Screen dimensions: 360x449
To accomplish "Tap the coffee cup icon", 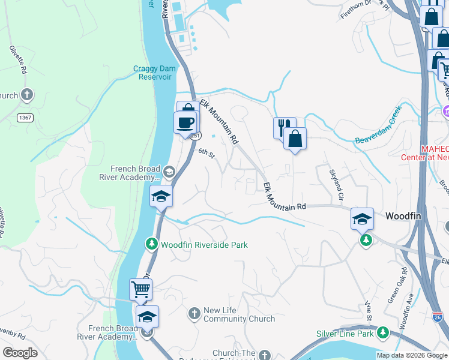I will (185, 122).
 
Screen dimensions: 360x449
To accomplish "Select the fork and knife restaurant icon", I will (284, 127).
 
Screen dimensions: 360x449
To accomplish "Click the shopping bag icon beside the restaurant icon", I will (295, 139).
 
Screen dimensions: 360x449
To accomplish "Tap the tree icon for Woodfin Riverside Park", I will (152, 244).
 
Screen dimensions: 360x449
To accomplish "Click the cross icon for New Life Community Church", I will (194, 313).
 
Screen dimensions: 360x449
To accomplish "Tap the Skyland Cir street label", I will (336, 186).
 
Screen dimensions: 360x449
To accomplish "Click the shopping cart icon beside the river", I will (140, 290).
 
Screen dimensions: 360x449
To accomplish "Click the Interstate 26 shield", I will (437, 315).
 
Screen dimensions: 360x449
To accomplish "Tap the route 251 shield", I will (195, 136).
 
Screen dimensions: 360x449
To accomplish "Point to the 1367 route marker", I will (25, 118).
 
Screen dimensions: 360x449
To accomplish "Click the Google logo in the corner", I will (20, 353).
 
